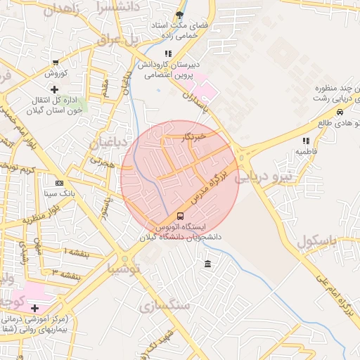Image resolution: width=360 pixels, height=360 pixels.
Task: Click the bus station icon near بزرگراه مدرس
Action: tap(180, 216)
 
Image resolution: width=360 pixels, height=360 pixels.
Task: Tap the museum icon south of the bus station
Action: tap(207, 264)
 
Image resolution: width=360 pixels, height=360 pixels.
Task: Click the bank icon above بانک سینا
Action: tap(58, 183)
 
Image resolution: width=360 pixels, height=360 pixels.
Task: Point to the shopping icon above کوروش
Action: tap(55, 63)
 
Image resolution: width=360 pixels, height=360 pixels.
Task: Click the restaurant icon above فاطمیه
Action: tap(306, 141)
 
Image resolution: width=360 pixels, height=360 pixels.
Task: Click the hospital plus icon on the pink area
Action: tap(34, 308)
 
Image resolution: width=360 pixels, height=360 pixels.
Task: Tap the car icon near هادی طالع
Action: tap(340, 112)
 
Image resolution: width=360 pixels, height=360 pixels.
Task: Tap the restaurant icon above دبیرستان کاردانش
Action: tap(167, 53)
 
